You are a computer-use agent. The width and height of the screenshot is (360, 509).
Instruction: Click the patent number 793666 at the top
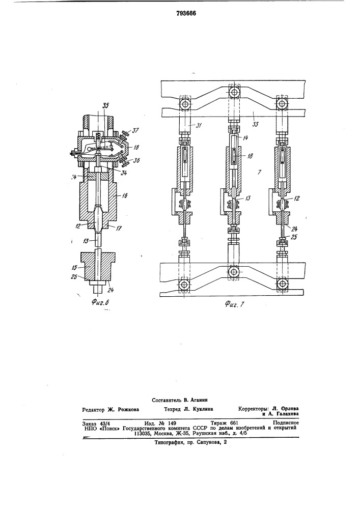(186, 13)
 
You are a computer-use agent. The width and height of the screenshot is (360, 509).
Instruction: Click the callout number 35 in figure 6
(106, 105)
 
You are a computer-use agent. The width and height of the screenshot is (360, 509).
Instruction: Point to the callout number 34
(123, 173)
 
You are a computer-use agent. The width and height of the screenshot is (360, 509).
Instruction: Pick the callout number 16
(125, 195)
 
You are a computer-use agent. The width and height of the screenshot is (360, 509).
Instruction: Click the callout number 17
(119, 228)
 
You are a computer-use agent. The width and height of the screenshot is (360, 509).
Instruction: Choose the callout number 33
(255, 124)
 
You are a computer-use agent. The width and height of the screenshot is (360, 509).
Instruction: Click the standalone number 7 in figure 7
(259, 172)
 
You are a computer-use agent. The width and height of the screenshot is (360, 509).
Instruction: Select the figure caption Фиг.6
(100, 303)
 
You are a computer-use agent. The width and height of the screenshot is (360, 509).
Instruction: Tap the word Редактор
(94, 410)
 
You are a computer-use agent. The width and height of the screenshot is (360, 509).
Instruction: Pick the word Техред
(173, 409)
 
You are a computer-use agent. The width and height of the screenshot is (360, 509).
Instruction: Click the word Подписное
(286, 423)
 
